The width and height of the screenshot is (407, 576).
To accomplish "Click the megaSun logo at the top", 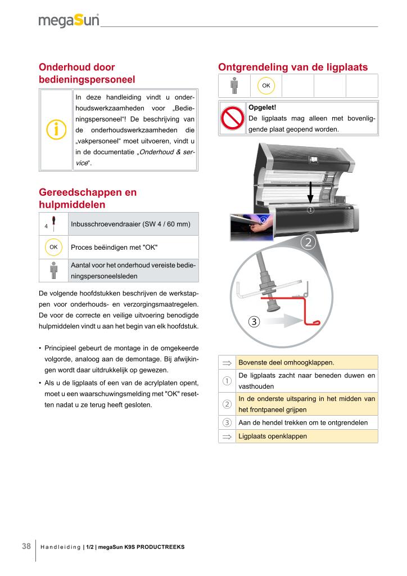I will tap(69, 21).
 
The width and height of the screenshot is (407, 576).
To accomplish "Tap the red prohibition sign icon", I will tap(232, 118).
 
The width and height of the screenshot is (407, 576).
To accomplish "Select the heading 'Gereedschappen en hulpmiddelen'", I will tap(88, 197).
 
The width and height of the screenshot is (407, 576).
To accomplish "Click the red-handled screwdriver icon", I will tap(53, 223).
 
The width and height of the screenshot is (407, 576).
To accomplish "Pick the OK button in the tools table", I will tap(53, 247).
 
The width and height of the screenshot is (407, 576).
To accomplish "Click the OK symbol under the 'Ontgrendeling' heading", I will tap(265, 85).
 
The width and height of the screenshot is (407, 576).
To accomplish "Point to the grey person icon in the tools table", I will tap(53, 270).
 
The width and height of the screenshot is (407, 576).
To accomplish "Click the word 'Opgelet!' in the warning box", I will tap(262, 107).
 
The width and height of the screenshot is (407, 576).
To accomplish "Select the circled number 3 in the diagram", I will tap(254, 322).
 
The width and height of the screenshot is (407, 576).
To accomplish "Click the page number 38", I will tap(26, 546).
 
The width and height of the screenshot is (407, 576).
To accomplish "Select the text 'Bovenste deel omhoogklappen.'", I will tap(286, 362).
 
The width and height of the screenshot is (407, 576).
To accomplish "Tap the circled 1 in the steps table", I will tap(227, 381).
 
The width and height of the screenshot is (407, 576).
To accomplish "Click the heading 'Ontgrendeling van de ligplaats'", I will tap(292, 67).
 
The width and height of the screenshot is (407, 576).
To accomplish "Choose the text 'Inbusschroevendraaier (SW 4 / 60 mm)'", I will tap(131, 224).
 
